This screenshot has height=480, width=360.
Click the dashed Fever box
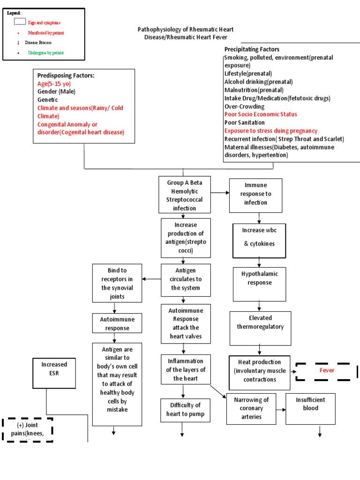(x=327, y=371)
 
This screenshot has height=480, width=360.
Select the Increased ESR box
(x=54, y=373)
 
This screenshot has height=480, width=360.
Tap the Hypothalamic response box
(x=259, y=284)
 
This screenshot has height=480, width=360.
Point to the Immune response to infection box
(x=255, y=195)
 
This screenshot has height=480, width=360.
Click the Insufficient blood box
(x=310, y=408)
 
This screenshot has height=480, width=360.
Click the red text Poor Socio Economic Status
(x=260, y=114)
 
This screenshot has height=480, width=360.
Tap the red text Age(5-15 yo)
(x=54, y=83)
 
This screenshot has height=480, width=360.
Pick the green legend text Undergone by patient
(x=45, y=53)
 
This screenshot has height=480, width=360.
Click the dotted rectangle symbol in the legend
(x=19, y=21)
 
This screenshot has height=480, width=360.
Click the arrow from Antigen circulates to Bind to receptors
(x=151, y=279)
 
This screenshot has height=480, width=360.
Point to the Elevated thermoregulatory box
(x=260, y=327)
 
